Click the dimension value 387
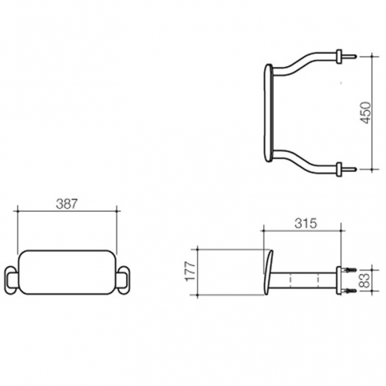tap(67, 204)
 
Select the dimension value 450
tap(366, 113)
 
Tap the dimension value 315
tap(306, 224)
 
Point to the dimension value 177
tap(191, 272)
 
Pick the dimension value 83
tap(366, 280)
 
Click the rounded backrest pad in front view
tap(67, 273)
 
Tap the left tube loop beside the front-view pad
tap(11, 280)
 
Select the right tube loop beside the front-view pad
tap(124, 280)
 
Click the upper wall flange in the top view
tap(340, 56)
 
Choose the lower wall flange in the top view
tap(340, 169)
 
